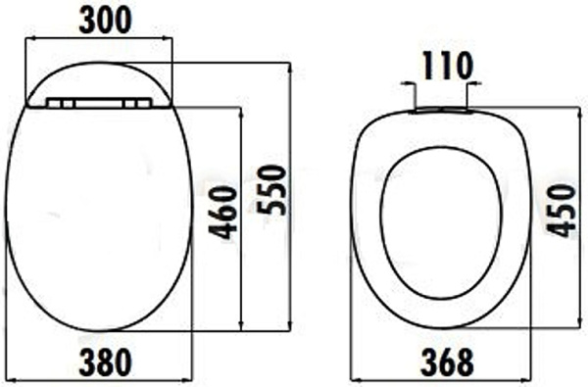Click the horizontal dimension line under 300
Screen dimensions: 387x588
click(x=98, y=39)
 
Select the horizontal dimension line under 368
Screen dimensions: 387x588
click(x=441, y=379)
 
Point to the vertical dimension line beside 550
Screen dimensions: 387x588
click(x=290, y=196)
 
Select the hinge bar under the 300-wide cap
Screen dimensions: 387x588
click(x=98, y=102)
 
